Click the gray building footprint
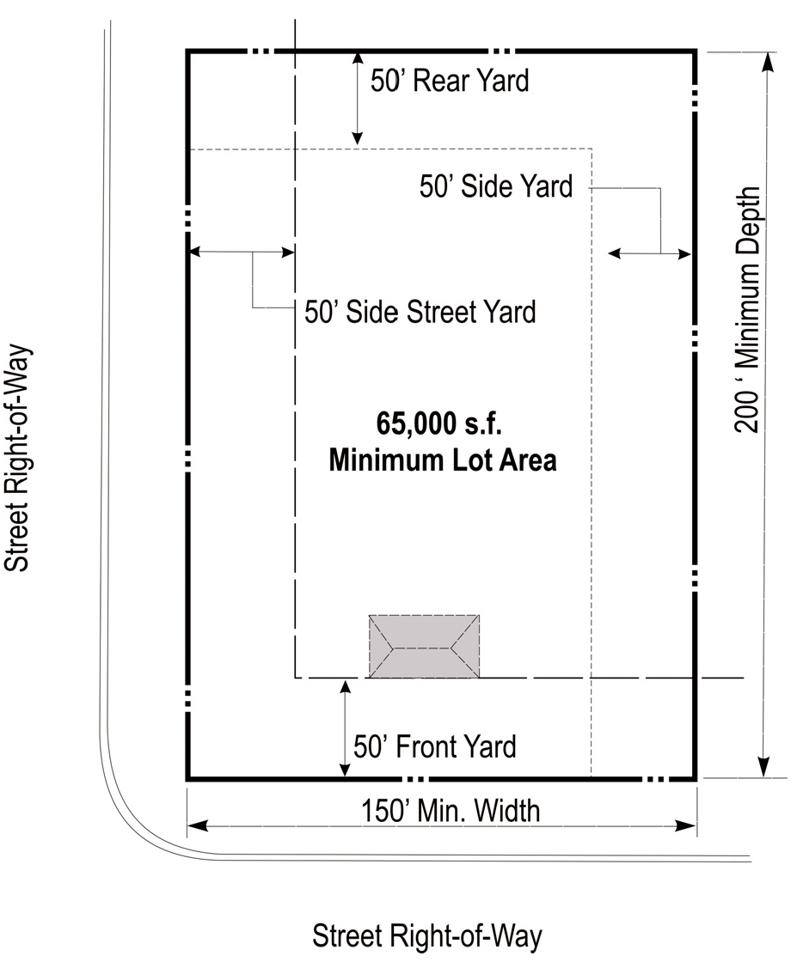click(424, 647)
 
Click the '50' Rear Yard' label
click(450, 81)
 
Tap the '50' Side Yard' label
click(496, 186)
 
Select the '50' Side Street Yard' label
click(420, 312)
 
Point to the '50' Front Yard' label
click(434, 746)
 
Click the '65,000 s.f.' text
click(438, 424)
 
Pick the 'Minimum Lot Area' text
click(443, 460)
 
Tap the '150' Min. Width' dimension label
click(451, 811)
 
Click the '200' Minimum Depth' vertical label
click(747, 310)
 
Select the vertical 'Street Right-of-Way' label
click(16, 458)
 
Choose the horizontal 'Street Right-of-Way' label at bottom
click(427, 936)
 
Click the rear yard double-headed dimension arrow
click(357, 99)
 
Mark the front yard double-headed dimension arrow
click(346, 728)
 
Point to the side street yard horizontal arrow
click(241, 252)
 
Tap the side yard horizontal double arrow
click(649, 253)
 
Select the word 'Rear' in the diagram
click(440, 81)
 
